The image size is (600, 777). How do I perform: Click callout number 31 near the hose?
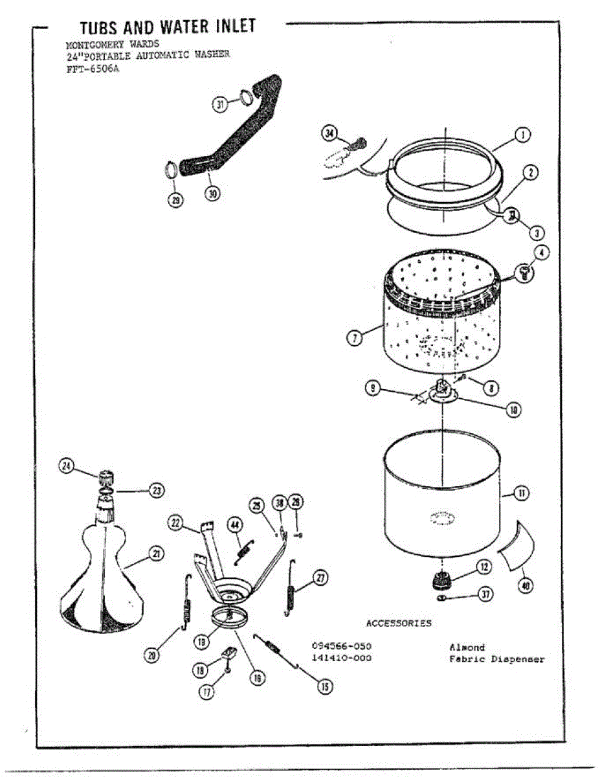(x=220, y=104)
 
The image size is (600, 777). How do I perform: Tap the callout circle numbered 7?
(x=354, y=337)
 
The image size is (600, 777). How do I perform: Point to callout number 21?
(x=156, y=553)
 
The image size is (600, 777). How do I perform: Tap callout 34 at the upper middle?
(x=331, y=133)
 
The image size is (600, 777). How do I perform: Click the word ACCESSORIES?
(x=398, y=623)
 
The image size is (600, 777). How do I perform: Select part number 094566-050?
(x=342, y=646)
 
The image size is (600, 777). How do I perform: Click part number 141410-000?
(x=342, y=659)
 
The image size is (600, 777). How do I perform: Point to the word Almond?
(x=467, y=647)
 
